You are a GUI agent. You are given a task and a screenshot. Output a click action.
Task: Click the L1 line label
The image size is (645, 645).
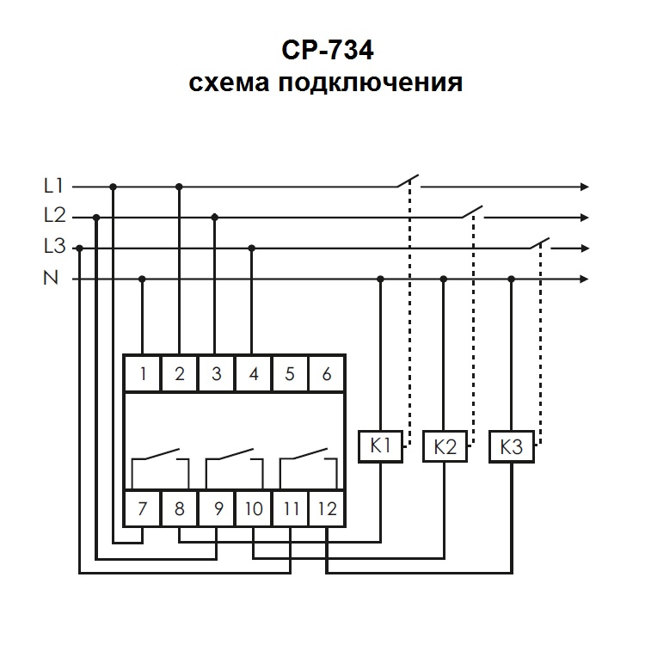click(x=54, y=185)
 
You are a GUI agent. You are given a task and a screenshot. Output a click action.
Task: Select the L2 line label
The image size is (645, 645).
click(x=54, y=216)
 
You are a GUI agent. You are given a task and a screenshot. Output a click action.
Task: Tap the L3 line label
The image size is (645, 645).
click(x=54, y=248)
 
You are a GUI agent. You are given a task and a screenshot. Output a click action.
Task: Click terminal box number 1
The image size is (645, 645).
click(x=143, y=374)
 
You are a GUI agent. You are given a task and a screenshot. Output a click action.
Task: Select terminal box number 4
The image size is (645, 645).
click(x=253, y=374)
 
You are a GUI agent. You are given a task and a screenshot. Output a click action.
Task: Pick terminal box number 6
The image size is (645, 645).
click(x=326, y=374)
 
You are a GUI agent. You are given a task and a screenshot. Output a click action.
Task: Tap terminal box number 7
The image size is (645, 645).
click(x=143, y=508)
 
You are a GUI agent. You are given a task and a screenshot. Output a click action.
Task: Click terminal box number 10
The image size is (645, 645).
click(x=253, y=508)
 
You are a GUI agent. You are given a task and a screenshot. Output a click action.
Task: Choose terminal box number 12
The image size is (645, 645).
click(x=326, y=508)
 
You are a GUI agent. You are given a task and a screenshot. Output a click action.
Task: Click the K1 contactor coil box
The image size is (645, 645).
click(x=380, y=446)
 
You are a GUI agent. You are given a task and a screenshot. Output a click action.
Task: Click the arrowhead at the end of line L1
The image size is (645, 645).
click(x=586, y=186)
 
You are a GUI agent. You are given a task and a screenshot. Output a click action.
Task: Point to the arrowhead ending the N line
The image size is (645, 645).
click(x=586, y=279)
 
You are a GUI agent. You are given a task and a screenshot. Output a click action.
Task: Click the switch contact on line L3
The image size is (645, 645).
click(x=539, y=243)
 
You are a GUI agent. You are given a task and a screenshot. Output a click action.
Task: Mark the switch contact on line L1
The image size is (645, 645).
click(x=408, y=181)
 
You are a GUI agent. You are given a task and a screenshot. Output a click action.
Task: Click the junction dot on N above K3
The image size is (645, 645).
click(x=511, y=279)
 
